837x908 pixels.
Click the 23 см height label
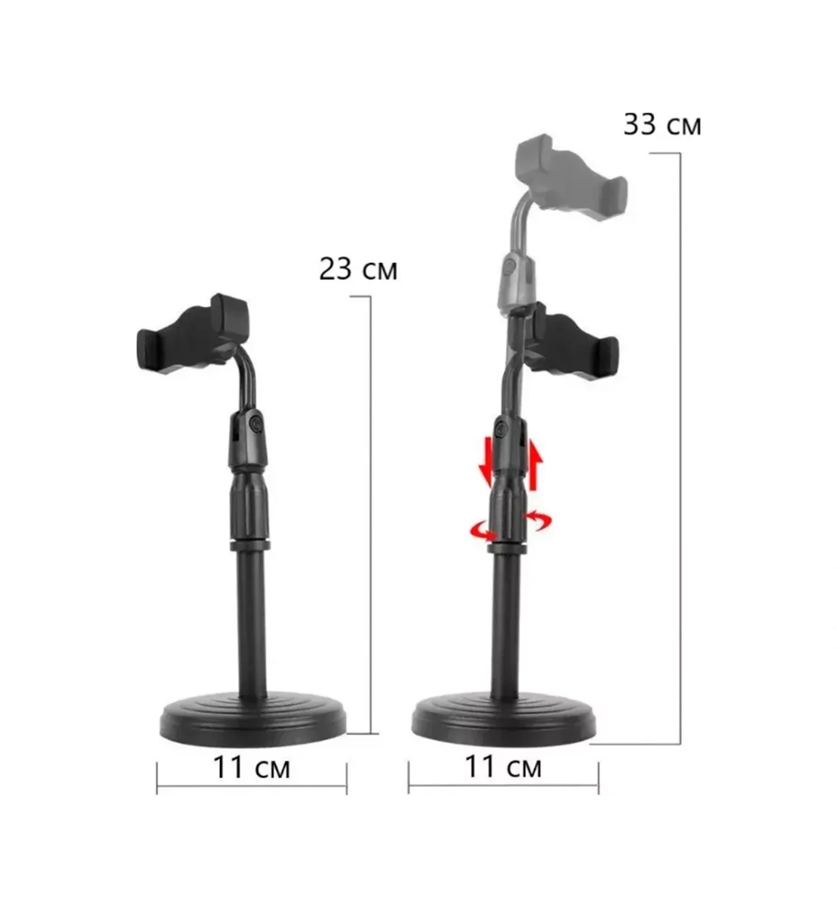click(x=358, y=269)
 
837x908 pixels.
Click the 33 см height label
click(x=662, y=125)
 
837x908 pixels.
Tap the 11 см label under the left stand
click(x=251, y=767)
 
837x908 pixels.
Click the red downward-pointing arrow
click(x=484, y=464)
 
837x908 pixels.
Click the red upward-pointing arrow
click(x=534, y=464)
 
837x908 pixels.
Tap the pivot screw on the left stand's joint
click(x=256, y=424)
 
